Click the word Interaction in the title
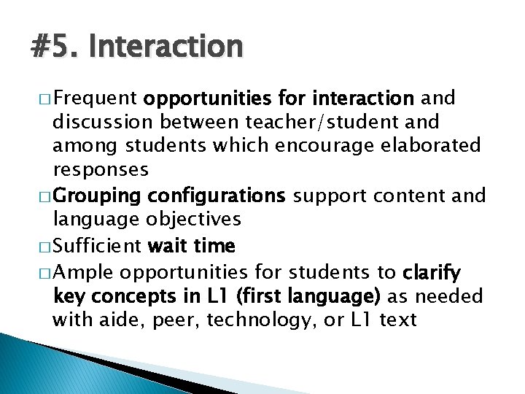pyautogui.click(x=166, y=46)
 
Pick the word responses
pyautogui.click(x=101, y=170)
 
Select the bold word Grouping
pyautogui.click(x=97, y=196)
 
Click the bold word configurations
pyautogui.click(x=216, y=196)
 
